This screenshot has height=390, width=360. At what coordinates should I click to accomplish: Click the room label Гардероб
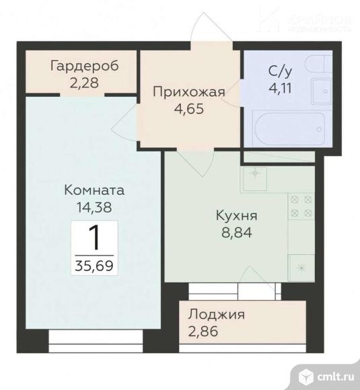click(x=84, y=66)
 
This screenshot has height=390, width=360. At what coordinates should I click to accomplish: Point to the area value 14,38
click(x=94, y=207)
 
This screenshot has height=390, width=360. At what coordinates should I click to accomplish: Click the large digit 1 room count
click(x=94, y=238)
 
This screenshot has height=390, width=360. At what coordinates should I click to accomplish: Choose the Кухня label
click(x=236, y=217)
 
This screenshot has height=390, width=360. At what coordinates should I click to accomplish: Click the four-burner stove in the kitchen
click(x=300, y=206)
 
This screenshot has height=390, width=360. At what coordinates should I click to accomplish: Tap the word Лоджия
click(x=215, y=315)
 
